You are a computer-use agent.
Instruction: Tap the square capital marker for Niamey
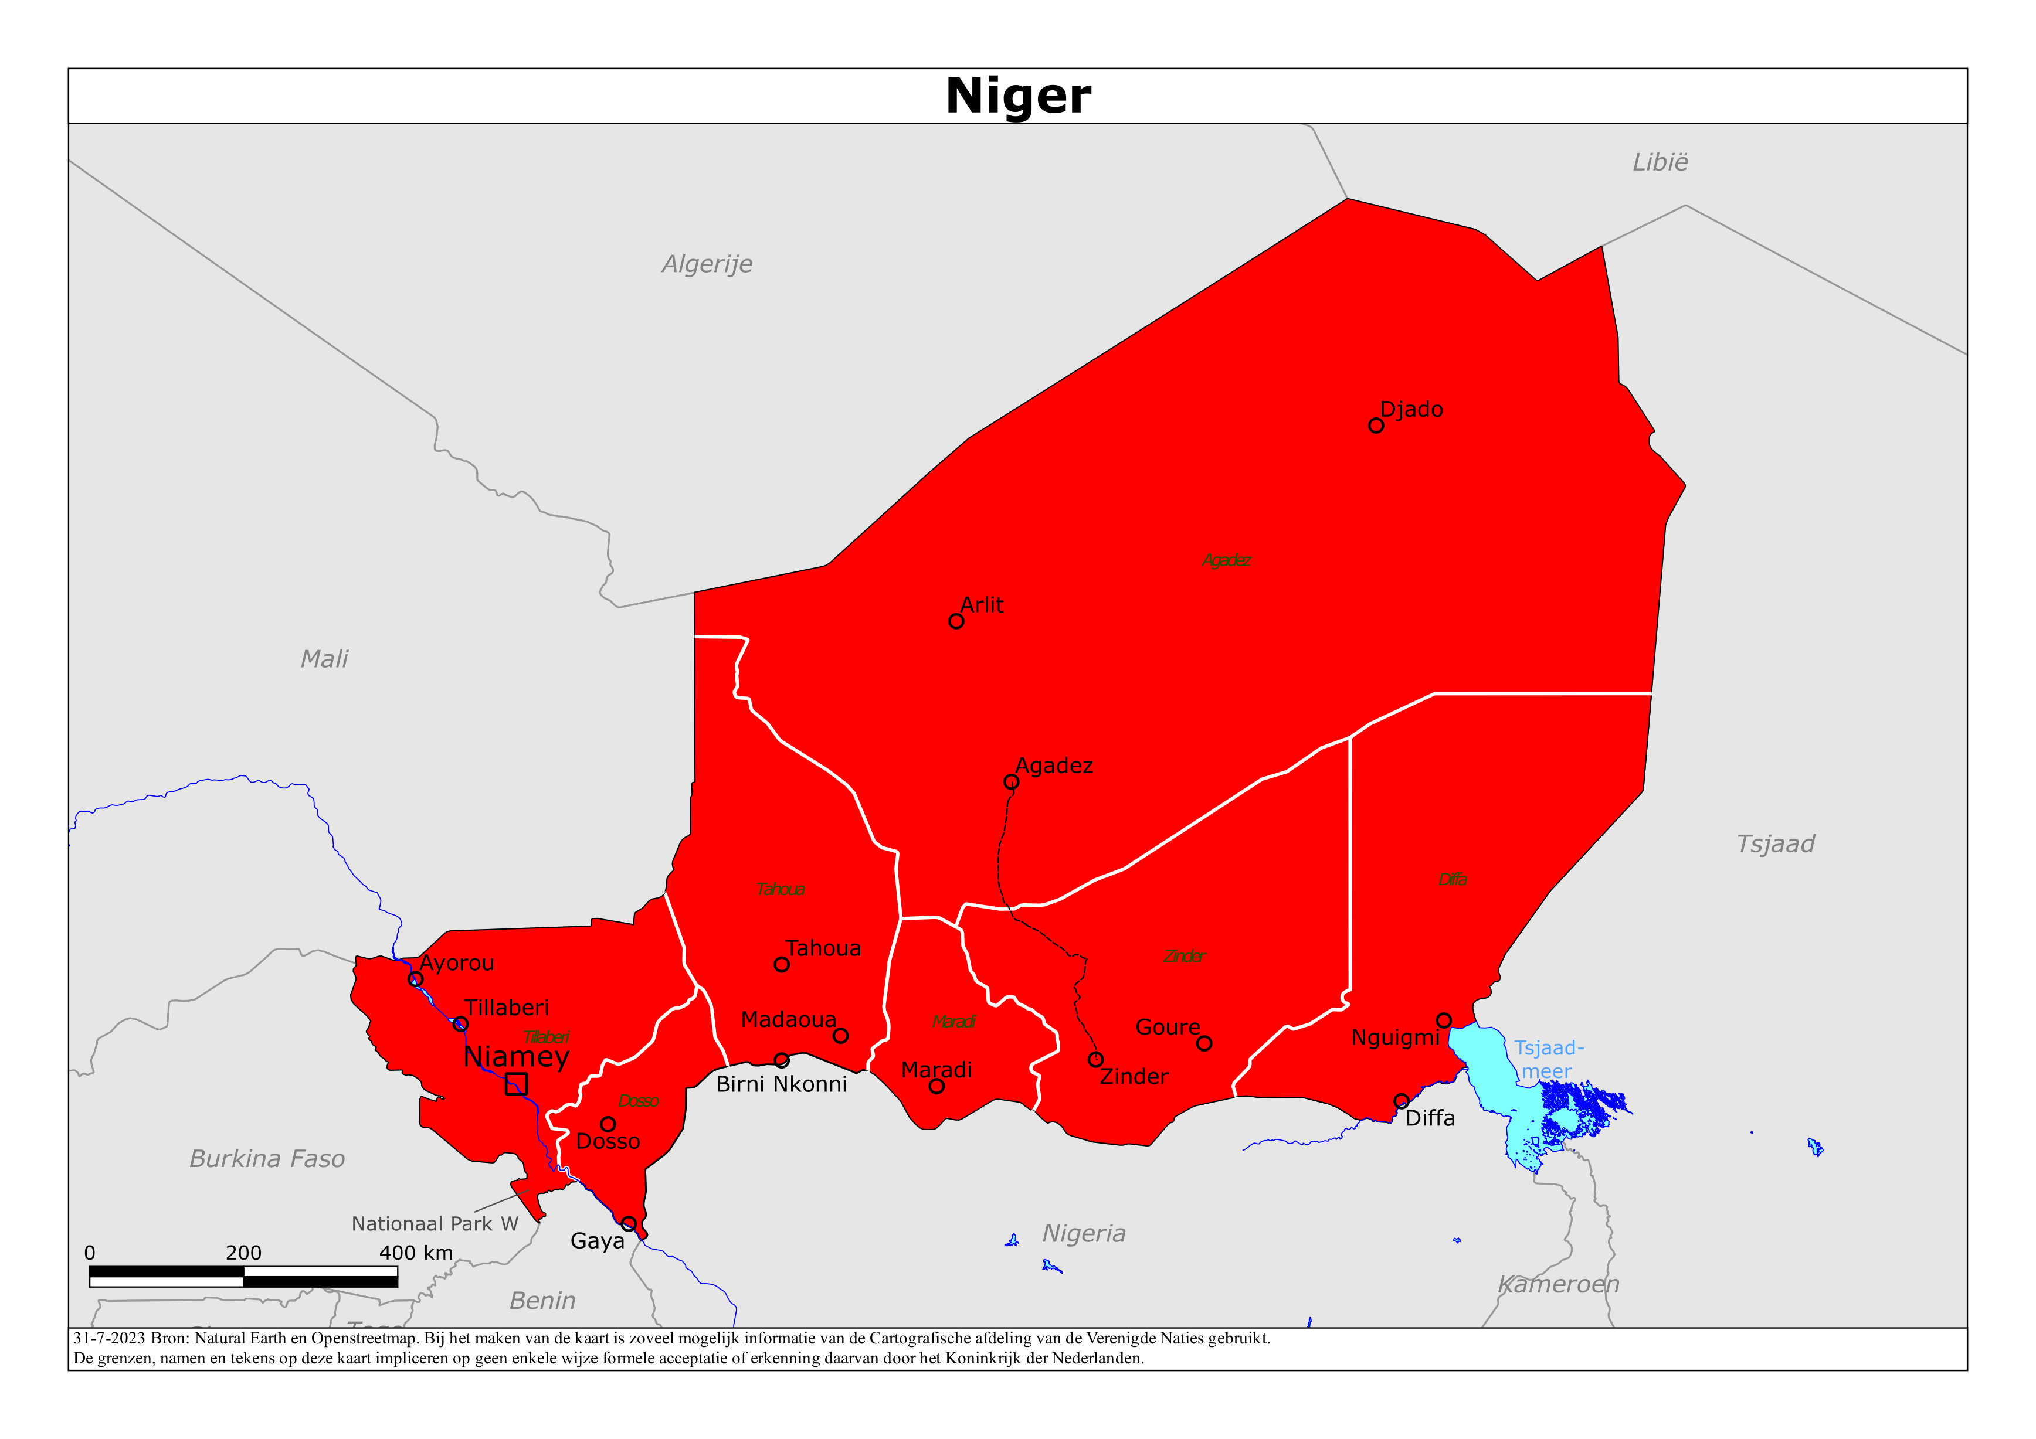click(516, 1083)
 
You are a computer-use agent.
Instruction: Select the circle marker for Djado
click(1375, 426)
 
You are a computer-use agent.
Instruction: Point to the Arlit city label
click(982, 605)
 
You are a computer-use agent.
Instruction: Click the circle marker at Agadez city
click(1011, 782)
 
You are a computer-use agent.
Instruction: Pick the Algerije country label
click(707, 264)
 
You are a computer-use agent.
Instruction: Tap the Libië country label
click(1660, 162)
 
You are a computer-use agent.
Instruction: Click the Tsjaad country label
click(1774, 844)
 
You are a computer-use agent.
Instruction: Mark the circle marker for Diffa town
click(1401, 1101)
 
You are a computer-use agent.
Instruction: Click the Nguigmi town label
click(1395, 1037)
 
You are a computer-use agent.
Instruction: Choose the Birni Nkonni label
click(781, 1084)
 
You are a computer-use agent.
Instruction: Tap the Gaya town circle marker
click(629, 1223)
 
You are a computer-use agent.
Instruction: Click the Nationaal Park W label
click(435, 1223)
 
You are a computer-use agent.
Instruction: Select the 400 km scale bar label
click(416, 1253)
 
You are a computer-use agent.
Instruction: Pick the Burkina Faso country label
click(267, 1159)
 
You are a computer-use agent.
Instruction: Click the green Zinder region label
click(1184, 957)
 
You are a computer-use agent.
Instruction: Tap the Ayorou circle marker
click(415, 979)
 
